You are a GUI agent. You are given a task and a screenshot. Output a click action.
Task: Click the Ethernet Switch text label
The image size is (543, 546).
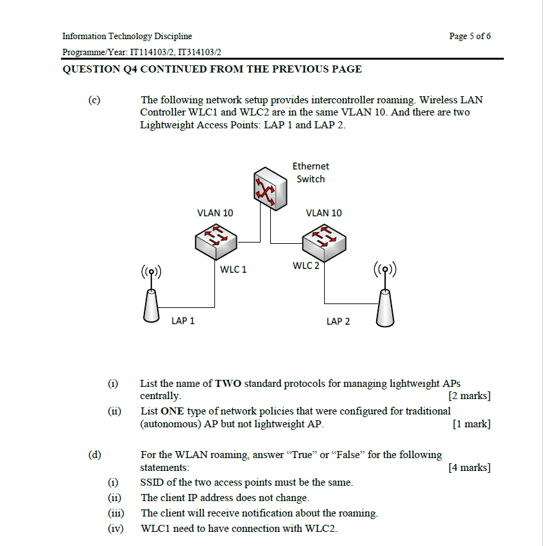tap(311, 173)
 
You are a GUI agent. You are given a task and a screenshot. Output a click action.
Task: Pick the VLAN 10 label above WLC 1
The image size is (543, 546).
tap(215, 213)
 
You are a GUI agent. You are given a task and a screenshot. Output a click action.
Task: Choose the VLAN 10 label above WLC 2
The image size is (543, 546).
tap(324, 213)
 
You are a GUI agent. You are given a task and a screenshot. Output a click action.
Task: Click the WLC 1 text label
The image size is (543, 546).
tap(233, 269)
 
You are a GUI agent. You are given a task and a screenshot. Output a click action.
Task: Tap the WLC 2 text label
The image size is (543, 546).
tap(306, 266)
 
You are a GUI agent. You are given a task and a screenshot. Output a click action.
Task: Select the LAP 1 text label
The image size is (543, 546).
tap(183, 321)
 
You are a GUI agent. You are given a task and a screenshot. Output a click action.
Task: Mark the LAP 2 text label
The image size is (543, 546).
tap(338, 321)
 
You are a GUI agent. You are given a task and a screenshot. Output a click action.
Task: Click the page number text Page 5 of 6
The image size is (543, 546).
tap(470, 36)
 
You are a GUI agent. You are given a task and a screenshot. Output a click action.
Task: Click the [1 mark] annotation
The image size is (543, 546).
tap(472, 424)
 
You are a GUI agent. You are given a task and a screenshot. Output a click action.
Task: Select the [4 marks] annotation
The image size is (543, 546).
tap(470, 468)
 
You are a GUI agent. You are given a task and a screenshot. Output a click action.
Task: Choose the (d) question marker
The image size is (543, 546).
tap(95, 455)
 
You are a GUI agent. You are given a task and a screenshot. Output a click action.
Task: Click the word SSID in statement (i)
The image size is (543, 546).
tap(151, 482)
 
